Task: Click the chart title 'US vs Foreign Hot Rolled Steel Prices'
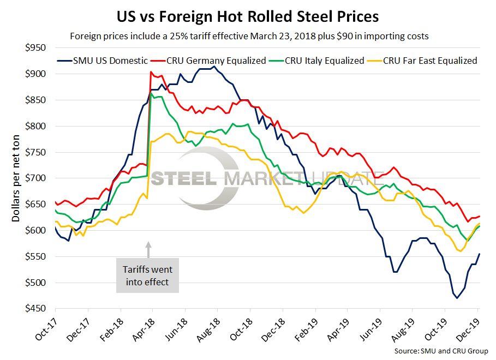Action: (248, 16)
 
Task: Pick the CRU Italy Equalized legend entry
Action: (324, 61)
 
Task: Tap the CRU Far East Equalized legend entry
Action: (431, 61)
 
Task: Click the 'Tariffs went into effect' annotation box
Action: (148, 275)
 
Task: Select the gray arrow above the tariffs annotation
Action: (148, 250)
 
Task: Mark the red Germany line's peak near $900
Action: (151, 72)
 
